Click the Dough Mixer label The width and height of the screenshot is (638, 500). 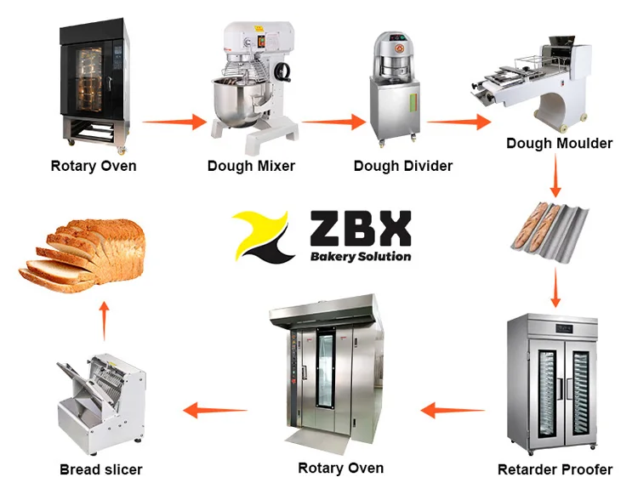click(x=251, y=166)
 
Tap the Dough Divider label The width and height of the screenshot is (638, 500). click(x=403, y=166)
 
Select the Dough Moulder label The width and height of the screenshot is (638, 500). click(x=559, y=143)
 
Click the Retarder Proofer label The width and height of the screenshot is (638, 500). click(x=555, y=469)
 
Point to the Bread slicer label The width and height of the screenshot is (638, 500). click(x=100, y=469)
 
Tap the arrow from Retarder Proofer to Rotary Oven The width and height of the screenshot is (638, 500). click(x=452, y=412)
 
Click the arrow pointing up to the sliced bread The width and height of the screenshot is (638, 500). click(x=104, y=318)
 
